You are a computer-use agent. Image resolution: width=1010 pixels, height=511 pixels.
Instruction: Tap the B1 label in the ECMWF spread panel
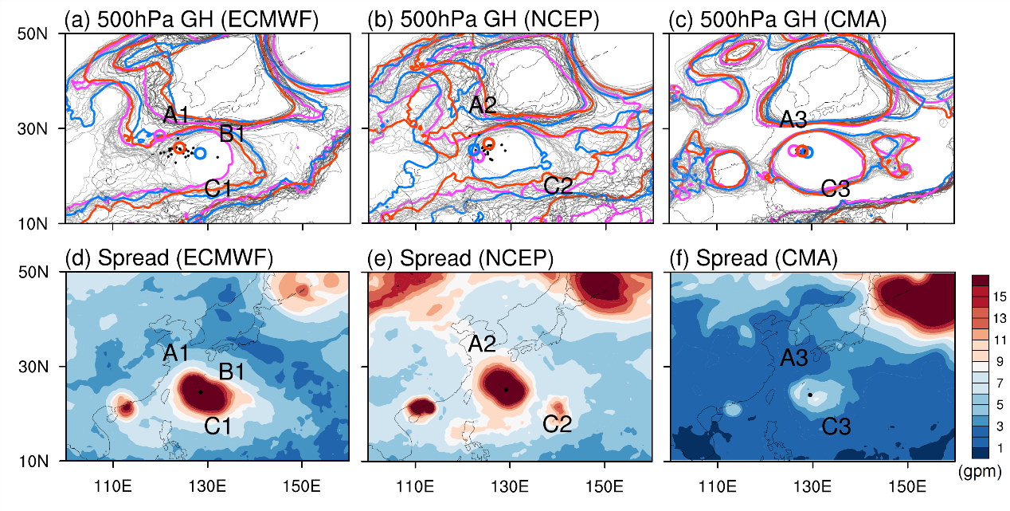point(231,371)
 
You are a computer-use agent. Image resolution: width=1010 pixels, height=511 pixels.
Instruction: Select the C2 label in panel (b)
point(558,187)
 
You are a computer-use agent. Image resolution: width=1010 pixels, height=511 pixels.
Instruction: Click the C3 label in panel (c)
point(836,189)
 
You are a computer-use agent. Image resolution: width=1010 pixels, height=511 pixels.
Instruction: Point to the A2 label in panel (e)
point(482,344)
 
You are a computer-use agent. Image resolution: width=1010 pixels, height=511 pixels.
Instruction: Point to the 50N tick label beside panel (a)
point(33,34)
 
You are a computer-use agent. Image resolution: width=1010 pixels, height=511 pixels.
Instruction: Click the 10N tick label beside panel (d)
point(33,462)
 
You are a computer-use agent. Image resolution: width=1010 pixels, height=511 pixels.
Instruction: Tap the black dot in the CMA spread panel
point(810,395)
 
